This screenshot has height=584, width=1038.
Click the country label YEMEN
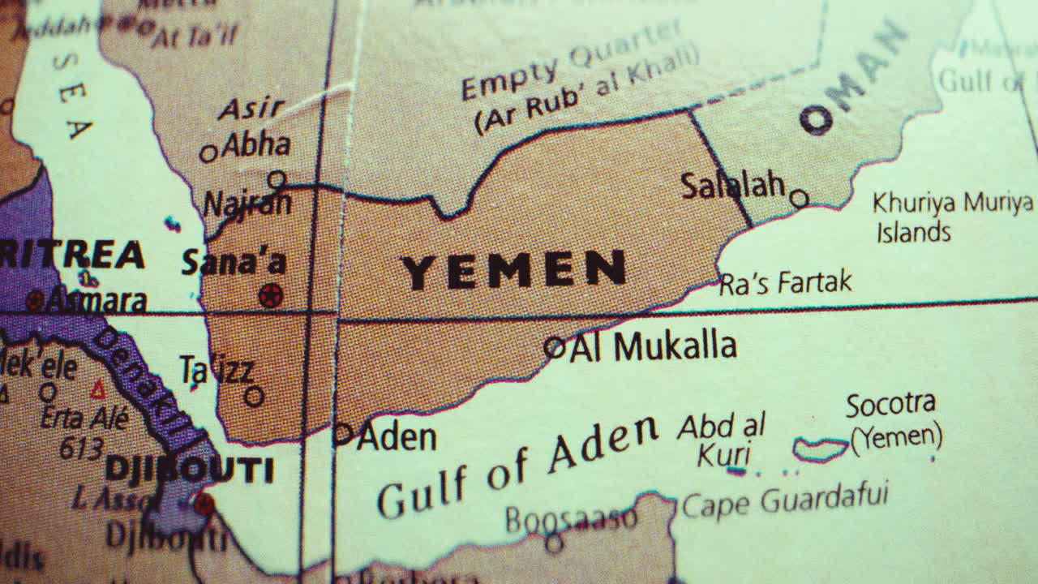point(514,270)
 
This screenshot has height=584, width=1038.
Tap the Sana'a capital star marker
point(271,295)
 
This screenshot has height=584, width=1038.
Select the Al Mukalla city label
point(653,347)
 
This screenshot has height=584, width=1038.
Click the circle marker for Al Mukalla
point(555,348)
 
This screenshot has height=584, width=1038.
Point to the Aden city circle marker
point(343,435)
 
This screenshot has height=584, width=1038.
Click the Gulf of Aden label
point(517,466)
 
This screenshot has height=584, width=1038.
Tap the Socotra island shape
point(820,449)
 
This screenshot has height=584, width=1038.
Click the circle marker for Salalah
point(800,198)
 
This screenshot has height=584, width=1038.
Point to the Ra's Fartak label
point(786,283)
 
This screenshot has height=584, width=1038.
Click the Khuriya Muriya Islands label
point(952,217)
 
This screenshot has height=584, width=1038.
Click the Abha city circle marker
point(209,152)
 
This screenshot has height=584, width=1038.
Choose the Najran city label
point(247,203)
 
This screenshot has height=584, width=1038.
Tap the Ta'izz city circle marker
point(255,396)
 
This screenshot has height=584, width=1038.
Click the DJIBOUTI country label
point(190,470)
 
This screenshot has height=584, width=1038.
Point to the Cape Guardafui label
point(785,500)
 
